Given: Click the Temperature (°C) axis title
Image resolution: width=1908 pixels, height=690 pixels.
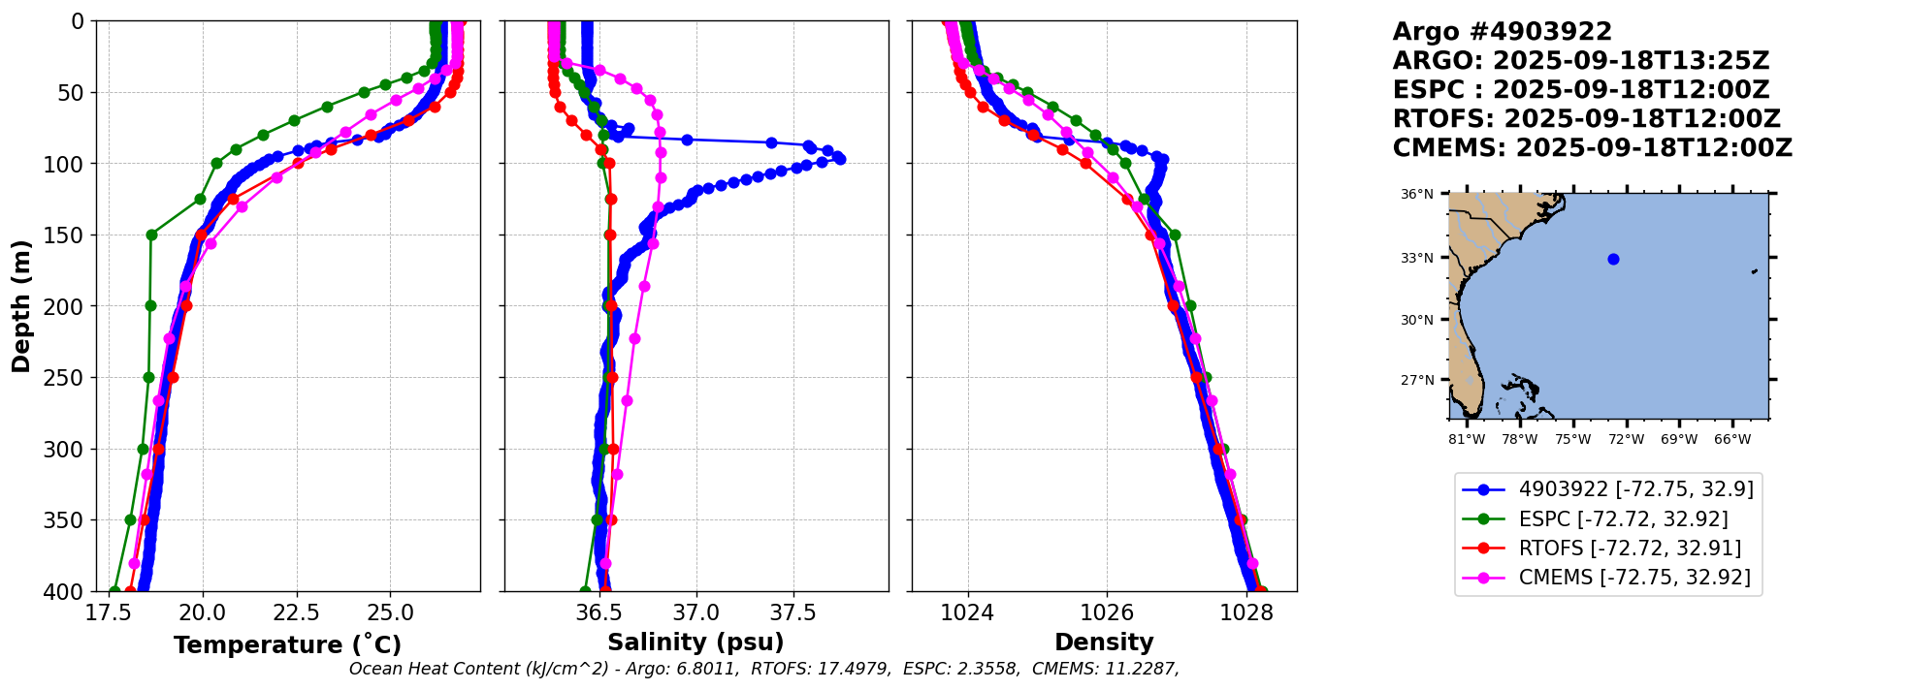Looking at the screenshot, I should click(x=287, y=644).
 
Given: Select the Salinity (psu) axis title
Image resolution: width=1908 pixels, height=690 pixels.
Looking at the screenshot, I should click(x=695, y=643).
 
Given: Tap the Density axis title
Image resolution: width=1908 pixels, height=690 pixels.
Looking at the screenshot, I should click(x=1104, y=643).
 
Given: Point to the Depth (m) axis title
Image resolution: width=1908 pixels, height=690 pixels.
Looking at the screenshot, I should click(x=21, y=305).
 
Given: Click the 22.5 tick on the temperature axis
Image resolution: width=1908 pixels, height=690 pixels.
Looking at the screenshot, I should click(x=296, y=612).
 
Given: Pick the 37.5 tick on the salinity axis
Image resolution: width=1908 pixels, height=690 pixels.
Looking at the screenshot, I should click(x=793, y=612).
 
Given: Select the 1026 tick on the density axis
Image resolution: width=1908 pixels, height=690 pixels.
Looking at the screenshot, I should click(x=1107, y=612).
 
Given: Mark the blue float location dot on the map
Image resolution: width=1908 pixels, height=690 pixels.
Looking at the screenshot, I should click(x=1613, y=259).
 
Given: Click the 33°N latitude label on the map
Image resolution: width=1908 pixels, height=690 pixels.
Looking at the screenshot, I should click(x=1416, y=258).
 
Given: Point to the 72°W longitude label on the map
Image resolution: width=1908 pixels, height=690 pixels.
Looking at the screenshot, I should click(x=1626, y=439).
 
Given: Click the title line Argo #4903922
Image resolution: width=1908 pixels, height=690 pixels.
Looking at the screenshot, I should click(x=1502, y=32).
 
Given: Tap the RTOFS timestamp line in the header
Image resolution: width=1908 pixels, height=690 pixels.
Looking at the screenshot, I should click(x=1586, y=119).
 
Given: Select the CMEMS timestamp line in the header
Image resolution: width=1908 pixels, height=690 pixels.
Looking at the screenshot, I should click(x=1592, y=148).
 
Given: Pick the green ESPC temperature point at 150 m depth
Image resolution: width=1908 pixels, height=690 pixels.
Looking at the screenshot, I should click(x=151, y=235).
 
